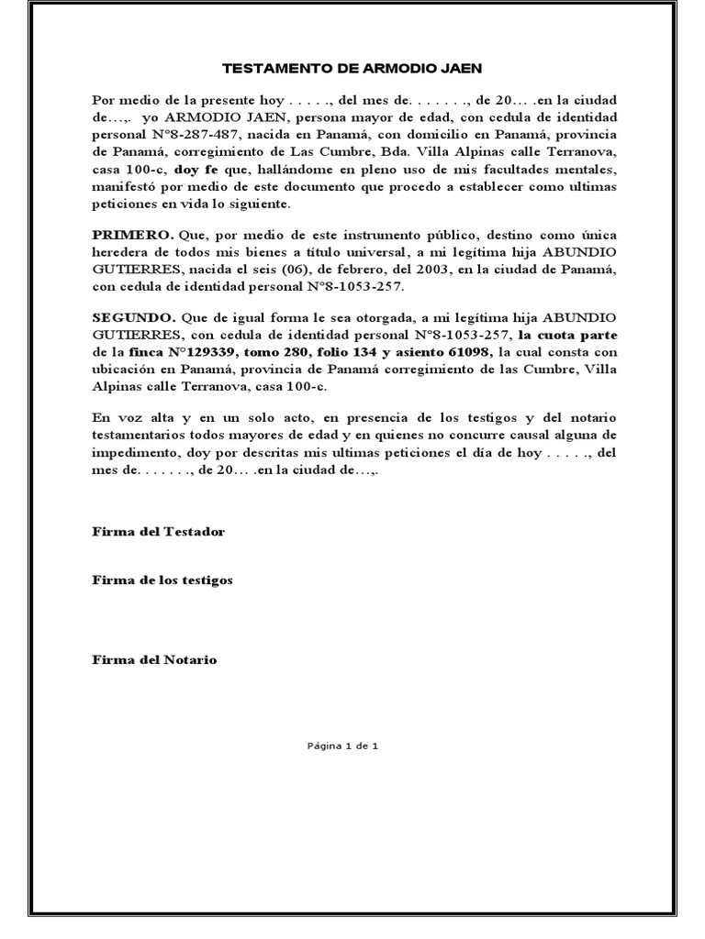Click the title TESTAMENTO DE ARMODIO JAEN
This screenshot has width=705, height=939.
pyautogui.click(x=352, y=69)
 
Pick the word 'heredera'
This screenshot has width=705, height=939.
pyautogui.click(x=121, y=252)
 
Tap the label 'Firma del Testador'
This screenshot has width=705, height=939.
pyautogui.click(x=158, y=532)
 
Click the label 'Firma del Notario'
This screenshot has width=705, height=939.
pyautogui.click(x=155, y=660)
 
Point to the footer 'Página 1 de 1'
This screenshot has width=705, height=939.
pyautogui.click(x=342, y=746)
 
